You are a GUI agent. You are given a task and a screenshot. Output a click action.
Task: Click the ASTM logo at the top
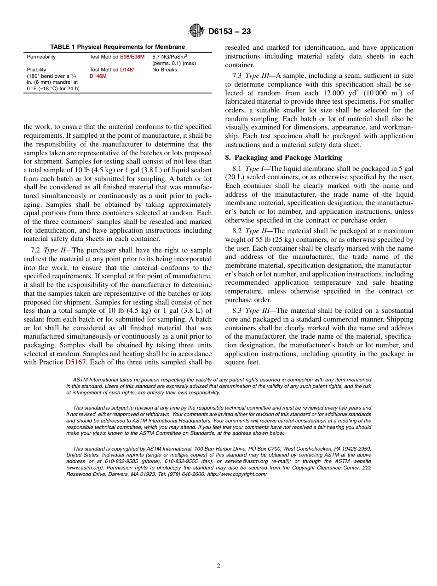click(x=196, y=31)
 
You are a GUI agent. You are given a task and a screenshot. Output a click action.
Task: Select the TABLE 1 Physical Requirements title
click(x=117, y=47)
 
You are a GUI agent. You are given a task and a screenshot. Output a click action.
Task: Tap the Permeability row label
click(x=41, y=57)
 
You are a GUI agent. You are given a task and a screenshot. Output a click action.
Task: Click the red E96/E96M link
click(x=132, y=57)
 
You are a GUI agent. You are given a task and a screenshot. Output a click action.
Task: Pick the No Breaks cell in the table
click(x=164, y=70)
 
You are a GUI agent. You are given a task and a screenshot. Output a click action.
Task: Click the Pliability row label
click(x=36, y=70)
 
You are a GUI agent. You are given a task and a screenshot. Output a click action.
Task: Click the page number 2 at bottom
click(x=218, y=566)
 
